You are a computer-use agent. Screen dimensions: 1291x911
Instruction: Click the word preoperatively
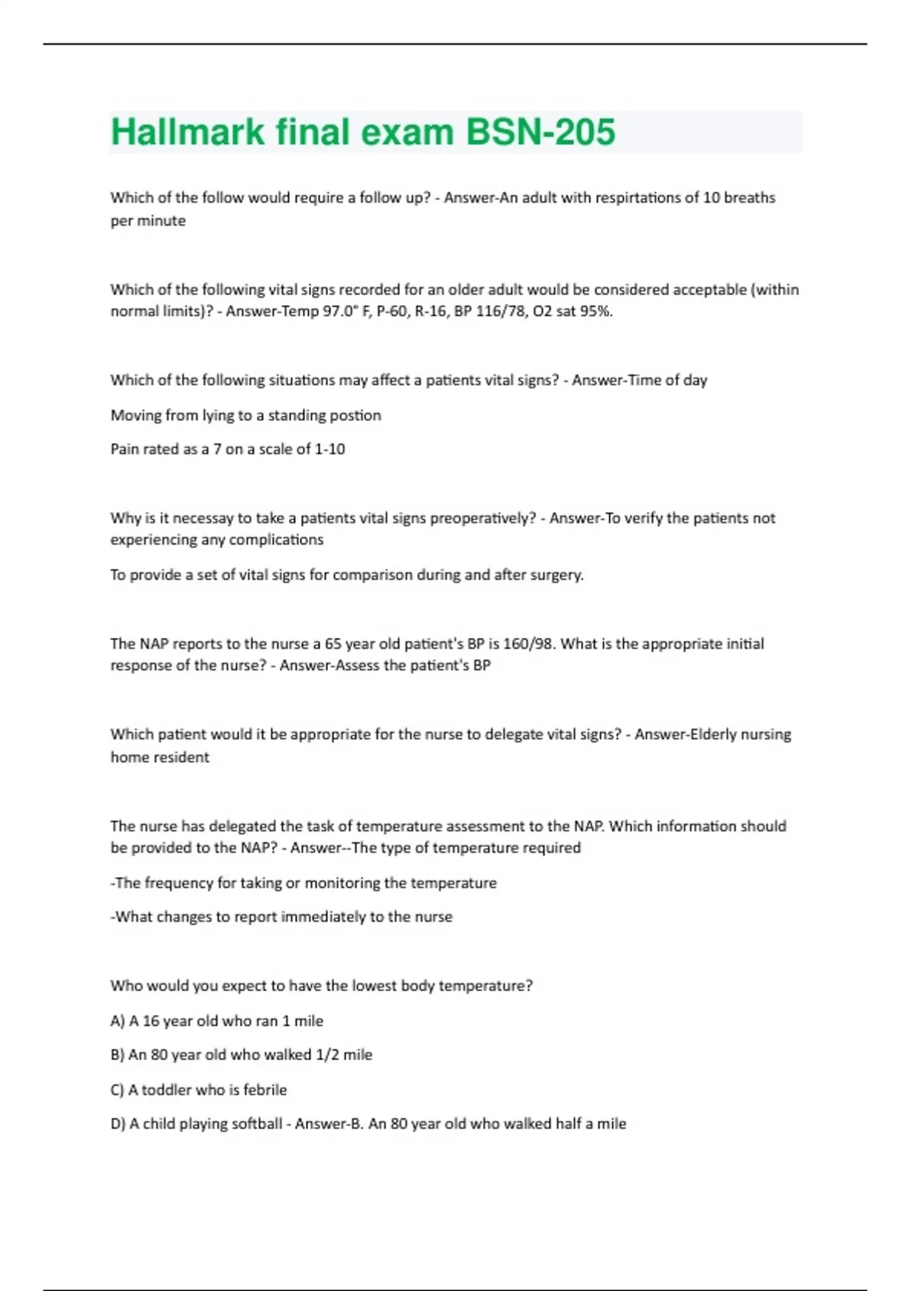pyautogui.click(x=483, y=518)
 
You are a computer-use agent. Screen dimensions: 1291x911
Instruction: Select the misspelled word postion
pyautogui.click(x=356, y=415)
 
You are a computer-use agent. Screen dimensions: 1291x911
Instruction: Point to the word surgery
pyautogui.click(x=557, y=575)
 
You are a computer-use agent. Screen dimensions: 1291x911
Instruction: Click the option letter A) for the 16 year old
pyautogui.click(x=118, y=1021)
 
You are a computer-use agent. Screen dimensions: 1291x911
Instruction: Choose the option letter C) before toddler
pyautogui.click(x=117, y=1090)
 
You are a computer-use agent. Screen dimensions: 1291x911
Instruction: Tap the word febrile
pyautogui.click(x=265, y=1090)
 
